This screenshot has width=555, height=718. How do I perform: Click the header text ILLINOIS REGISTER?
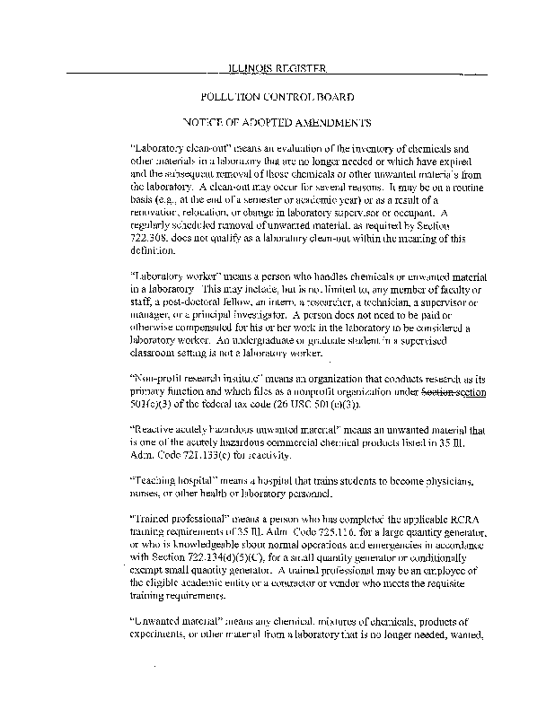tap(277, 68)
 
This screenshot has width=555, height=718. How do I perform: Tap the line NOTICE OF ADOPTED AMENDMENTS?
tap(277, 121)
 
